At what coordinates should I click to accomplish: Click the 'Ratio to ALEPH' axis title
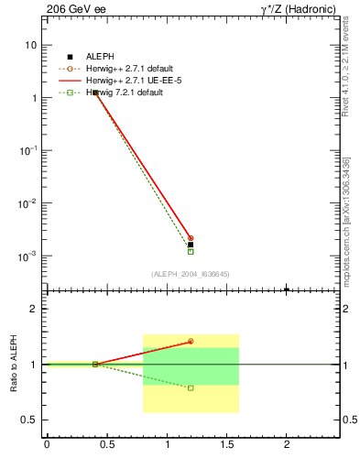(14, 365)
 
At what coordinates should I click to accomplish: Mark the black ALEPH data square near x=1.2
(191, 245)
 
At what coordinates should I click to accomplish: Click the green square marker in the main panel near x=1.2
(191, 251)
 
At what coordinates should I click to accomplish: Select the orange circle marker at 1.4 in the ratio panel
(191, 342)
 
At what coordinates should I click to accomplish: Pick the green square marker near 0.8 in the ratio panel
(191, 388)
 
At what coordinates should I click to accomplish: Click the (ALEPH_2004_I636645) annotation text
(191, 274)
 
